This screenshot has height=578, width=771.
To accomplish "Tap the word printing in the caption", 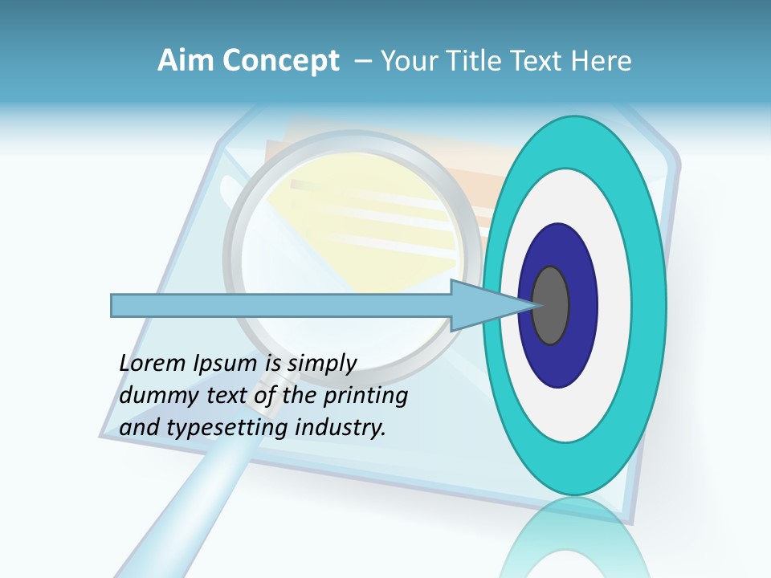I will click(365, 397).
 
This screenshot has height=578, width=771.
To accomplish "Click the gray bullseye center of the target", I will click(551, 305).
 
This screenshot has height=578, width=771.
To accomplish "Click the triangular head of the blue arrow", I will click(482, 305).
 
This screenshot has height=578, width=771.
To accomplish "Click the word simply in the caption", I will click(322, 364).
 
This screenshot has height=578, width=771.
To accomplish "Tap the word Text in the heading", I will click(542, 61).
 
